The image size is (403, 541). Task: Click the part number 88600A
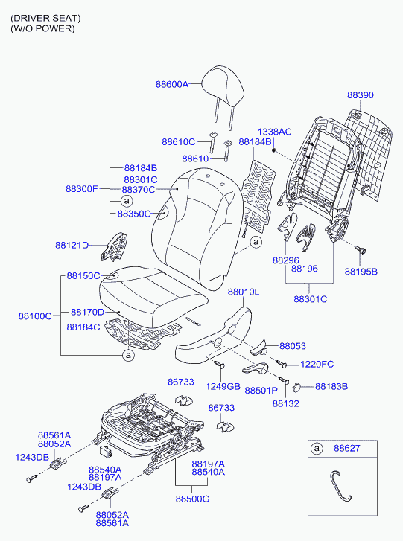pos(172,84)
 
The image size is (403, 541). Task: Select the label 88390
pos(361,95)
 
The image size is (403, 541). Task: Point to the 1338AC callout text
pos(275,132)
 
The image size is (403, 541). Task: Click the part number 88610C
pos(179,142)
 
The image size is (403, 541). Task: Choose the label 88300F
pos(82,189)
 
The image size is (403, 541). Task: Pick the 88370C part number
pos(138,190)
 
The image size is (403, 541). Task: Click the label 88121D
pos(72,246)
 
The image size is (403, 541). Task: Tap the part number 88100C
pos(35,316)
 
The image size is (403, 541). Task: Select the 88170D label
pos(87,313)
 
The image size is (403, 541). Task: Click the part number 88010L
pos(244,292)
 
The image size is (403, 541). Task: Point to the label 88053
pos(293,346)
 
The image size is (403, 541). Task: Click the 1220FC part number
pos(317,365)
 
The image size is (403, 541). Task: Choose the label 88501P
pos(261,390)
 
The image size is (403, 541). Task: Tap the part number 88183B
pos(331,387)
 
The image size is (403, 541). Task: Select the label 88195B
pos(361,272)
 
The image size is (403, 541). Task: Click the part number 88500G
pos(192,499)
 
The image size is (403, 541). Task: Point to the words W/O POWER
pos(42,28)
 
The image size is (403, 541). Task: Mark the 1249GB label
pos(223,387)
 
